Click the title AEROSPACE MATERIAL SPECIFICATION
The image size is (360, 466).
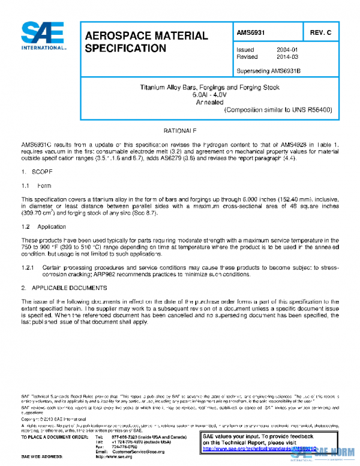(x=146, y=41)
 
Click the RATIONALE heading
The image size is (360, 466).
(x=180, y=131)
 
